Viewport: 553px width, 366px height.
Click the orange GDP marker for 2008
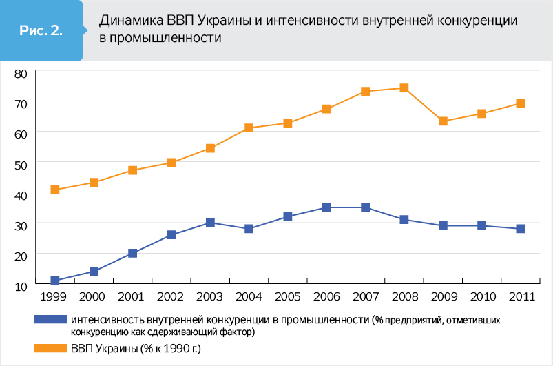pos(404,88)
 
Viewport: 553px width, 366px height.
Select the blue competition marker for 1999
pos(55,281)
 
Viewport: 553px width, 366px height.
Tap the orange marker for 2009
pos(443,121)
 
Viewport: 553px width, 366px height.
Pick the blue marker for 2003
pos(210,223)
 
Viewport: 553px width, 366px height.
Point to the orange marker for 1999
pos(55,190)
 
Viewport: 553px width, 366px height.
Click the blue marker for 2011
pos(521,229)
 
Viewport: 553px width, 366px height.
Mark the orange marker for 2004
pos(249,128)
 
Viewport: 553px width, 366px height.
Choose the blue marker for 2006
pos(326,207)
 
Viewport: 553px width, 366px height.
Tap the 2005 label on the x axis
pos(288,298)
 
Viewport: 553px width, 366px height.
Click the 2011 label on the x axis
pos(521,298)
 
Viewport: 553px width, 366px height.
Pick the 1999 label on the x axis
pos(54,298)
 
